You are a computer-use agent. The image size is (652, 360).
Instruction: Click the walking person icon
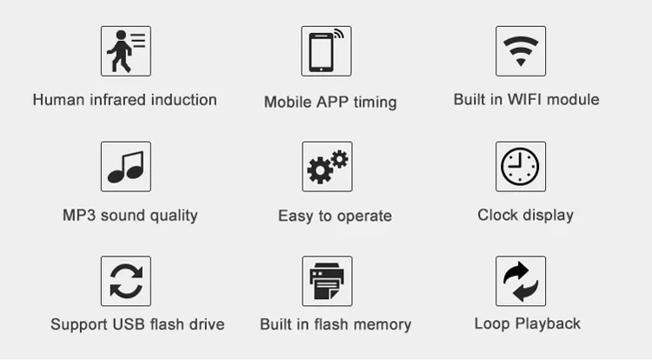126,51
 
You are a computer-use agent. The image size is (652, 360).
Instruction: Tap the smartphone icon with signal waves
326,51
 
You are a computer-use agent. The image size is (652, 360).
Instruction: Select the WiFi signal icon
521,51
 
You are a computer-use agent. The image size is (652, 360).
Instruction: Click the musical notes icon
126,166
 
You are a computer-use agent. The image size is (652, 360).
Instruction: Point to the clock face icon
521,166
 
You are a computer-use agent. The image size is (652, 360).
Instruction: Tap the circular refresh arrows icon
126,281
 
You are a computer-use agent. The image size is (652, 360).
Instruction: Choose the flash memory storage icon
327,281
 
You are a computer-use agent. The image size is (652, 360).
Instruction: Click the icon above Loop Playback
521,281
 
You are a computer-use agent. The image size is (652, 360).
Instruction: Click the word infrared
116,100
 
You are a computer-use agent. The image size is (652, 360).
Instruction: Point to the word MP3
78,215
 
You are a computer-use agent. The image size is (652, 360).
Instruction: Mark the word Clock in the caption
498,215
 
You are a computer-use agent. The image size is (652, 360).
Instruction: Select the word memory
383,325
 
